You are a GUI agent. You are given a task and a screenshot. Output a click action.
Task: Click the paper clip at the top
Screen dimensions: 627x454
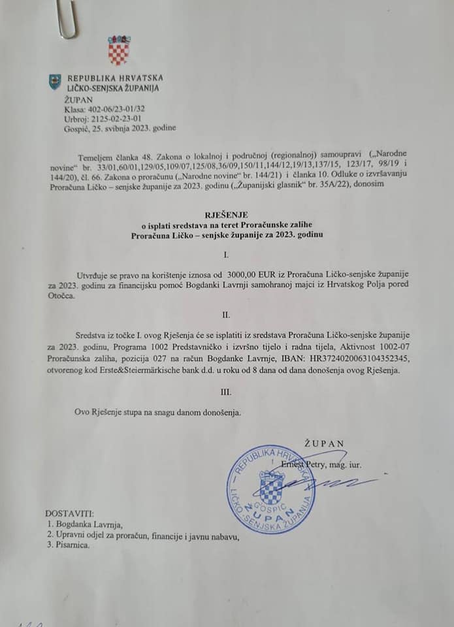click(67, 19)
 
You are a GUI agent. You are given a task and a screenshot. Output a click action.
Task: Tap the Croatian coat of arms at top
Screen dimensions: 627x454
click(119, 50)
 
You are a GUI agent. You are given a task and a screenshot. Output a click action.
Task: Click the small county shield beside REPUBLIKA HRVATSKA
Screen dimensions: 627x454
click(56, 82)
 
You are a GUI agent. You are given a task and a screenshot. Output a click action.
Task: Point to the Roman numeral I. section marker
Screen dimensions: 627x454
click(226, 252)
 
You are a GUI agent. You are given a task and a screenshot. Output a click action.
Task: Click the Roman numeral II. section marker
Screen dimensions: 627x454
click(226, 315)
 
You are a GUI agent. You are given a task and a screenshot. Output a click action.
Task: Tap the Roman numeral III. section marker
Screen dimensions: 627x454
click(226, 393)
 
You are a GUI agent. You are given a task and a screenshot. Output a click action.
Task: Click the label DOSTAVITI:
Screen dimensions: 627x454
click(70, 513)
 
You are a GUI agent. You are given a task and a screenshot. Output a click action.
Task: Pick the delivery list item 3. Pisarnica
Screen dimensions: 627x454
click(68, 546)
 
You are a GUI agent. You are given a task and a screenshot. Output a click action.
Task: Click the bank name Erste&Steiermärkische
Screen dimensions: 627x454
click(130, 370)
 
